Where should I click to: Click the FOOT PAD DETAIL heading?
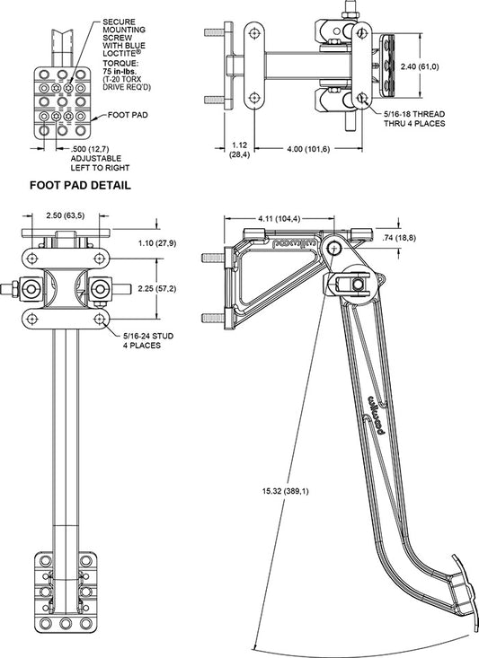[80, 185]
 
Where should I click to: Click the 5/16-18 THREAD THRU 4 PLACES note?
[414, 118]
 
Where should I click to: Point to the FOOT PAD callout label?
[128, 115]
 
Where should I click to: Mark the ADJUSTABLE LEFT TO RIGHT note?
[100, 163]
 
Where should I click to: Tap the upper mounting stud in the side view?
[214, 257]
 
